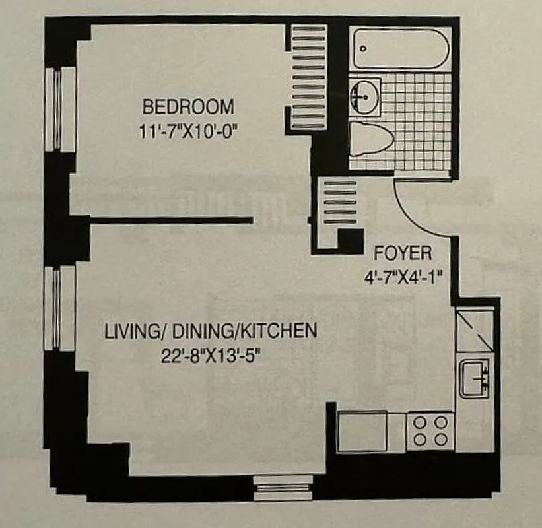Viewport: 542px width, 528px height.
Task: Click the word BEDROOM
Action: tap(189, 106)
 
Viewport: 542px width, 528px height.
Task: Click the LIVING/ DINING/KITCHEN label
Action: tap(211, 331)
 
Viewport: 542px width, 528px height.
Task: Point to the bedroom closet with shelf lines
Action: tap(309, 78)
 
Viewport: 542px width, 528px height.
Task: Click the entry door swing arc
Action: tap(423, 211)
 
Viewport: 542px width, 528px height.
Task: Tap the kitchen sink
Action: tap(475, 378)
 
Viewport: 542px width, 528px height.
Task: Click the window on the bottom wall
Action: tap(283, 487)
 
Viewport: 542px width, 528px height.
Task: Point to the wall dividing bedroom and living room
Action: tap(170, 220)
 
